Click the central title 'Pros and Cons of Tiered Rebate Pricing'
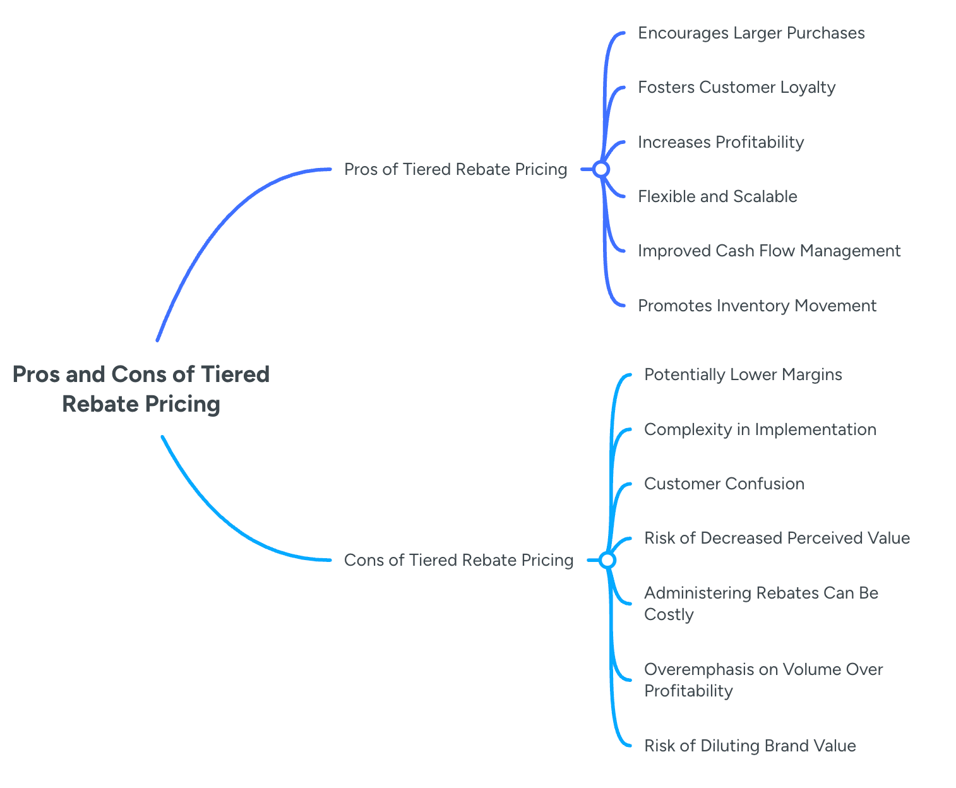pyautogui.click(x=141, y=389)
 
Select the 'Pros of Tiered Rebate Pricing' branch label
pyautogui.click(x=455, y=169)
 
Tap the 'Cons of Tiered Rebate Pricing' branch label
pyautogui.click(x=458, y=560)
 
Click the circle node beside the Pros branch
pyautogui.click(x=601, y=169)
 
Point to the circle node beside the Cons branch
pyautogui.click(x=607, y=560)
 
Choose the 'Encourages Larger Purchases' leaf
pyautogui.click(x=751, y=33)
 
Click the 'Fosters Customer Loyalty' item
pyautogui.click(x=736, y=87)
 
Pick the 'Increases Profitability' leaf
pyautogui.click(x=720, y=142)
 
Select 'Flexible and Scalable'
pyautogui.click(x=717, y=196)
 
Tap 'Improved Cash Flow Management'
pyautogui.click(x=769, y=251)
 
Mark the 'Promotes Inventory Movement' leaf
pyautogui.click(x=757, y=306)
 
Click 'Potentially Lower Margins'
pyautogui.click(x=743, y=374)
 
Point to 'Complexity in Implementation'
pyautogui.click(x=760, y=429)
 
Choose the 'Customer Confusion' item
pyautogui.click(x=724, y=484)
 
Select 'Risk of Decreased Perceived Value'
pyautogui.click(x=777, y=538)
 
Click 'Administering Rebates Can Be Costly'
pyautogui.click(x=760, y=604)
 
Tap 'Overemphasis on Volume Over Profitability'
pyautogui.click(x=763, y=679)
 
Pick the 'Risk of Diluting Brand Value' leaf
pyautogui.click(x=750, y=746)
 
